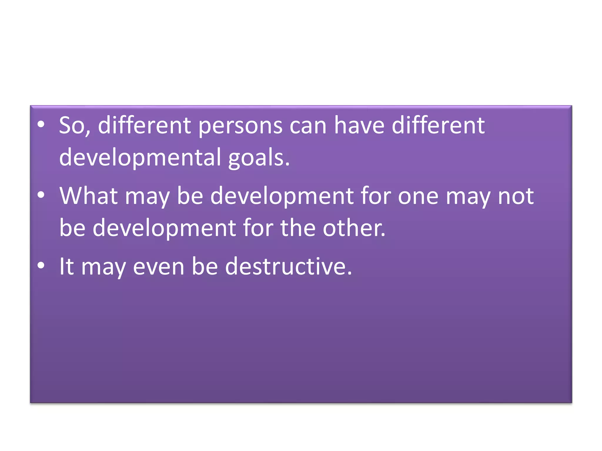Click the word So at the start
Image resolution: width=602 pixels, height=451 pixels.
coord(73,126)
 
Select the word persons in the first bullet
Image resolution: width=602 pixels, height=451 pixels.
coord(240,126)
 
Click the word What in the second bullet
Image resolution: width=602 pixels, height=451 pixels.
coord(88,196)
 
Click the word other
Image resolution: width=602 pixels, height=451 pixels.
coord(353,228)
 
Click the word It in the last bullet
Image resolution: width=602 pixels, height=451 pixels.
coord(66,267)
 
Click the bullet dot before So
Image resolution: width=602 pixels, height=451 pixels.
coord(41,125)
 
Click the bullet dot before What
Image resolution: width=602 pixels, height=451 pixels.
coord(41,195)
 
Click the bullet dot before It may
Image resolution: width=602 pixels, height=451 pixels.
coord(41,265)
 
